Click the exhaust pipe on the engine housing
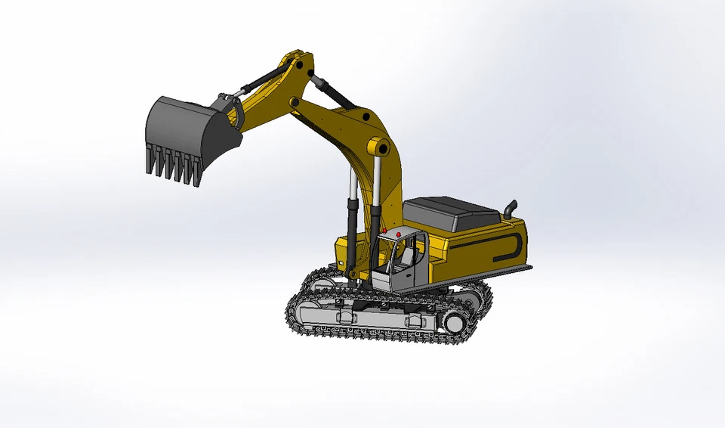(x=511, y=207)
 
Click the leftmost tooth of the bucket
(x=149, y=160)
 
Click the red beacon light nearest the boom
(x=384, y=229)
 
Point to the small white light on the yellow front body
(x=341, y=263)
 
